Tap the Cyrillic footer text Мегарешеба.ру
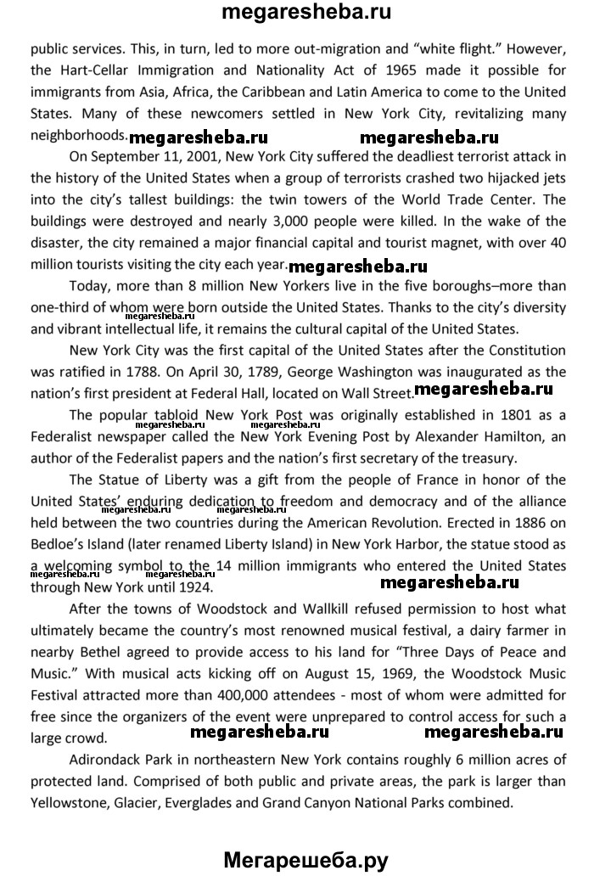pos(305,859)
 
